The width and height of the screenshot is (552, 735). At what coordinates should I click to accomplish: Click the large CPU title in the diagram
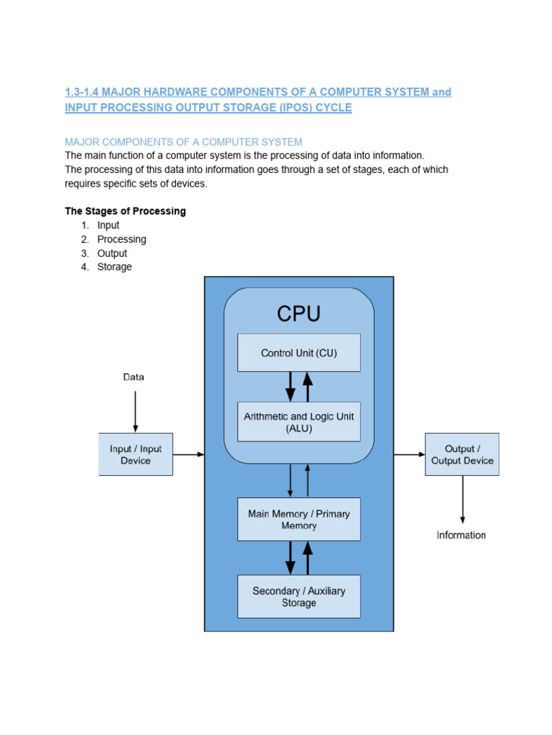pos(298,314)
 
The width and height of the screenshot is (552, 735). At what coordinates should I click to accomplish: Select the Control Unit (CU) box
pos(298,352)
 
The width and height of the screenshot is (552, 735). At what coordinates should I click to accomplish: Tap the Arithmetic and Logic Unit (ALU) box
pos(298,421)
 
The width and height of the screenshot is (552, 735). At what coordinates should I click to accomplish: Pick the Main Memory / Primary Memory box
pos(298,520)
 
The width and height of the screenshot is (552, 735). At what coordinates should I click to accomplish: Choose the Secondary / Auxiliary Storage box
pos(298,596)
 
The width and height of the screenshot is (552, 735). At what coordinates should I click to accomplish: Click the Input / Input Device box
pos(135,454)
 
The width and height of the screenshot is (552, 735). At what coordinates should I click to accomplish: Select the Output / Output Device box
pos(461,454)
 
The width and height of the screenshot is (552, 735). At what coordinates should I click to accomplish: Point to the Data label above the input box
pos(134,377)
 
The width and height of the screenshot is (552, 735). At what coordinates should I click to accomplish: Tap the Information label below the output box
pos(461,535)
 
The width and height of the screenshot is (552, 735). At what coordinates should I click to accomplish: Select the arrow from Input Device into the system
pos(189,454)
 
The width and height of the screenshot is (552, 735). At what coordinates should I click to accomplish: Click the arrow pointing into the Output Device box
pos(410,454)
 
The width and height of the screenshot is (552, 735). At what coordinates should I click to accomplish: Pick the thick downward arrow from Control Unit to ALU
pos(290,386)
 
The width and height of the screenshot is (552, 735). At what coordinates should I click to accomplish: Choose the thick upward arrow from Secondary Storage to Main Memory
pos(308,558)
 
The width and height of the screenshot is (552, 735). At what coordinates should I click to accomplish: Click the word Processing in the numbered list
pos(121,239)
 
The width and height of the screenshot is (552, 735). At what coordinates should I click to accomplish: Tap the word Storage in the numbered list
pos(115,266)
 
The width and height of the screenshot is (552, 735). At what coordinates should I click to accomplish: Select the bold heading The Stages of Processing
pos(125,211)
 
